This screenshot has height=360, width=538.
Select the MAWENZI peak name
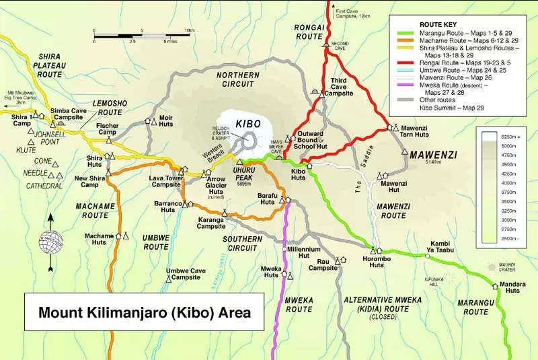point(433,154)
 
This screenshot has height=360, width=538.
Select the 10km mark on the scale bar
point(190,30)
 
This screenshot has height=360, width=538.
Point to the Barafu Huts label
point(268,197)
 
